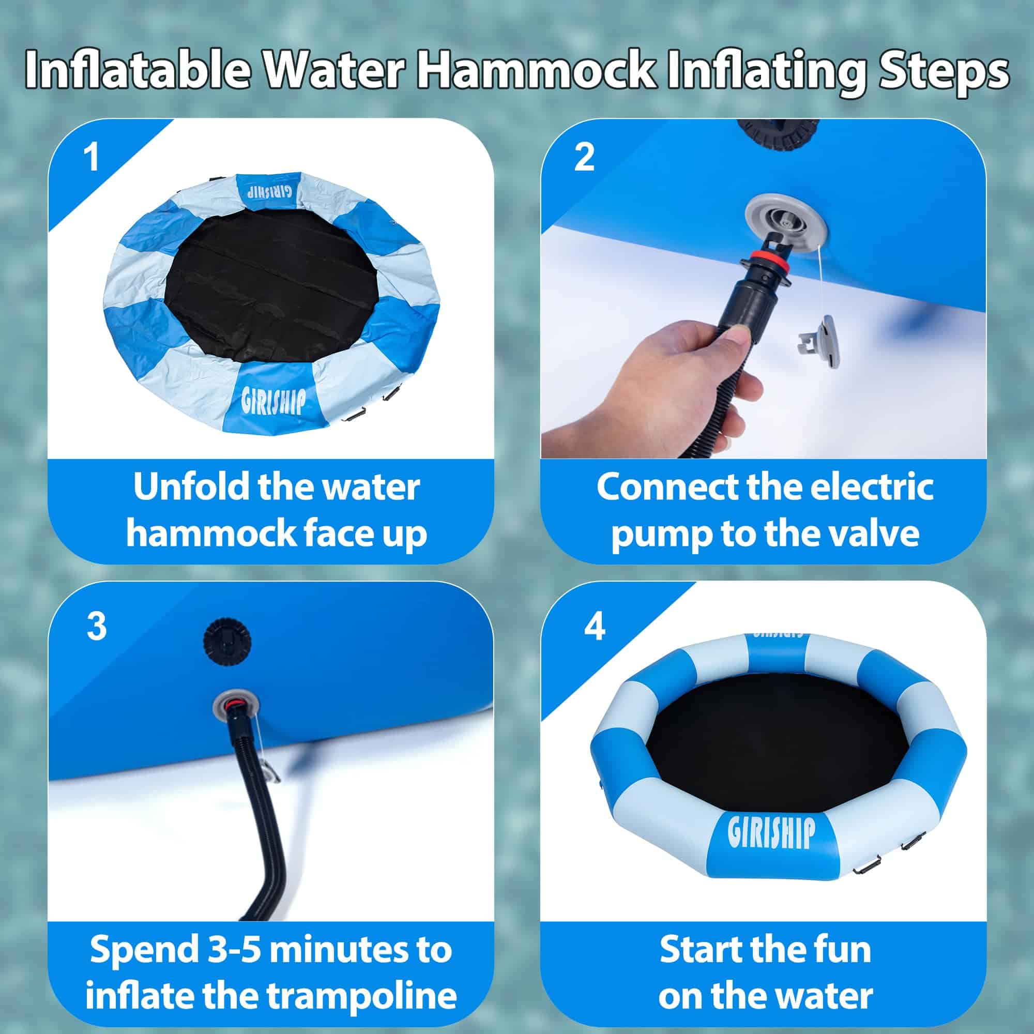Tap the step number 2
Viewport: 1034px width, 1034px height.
point(584,158)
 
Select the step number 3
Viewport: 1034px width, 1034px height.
point(96,626)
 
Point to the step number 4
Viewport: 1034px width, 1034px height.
point(595,626)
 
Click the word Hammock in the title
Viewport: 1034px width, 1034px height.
point(537,71)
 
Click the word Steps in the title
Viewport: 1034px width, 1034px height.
point(944,71)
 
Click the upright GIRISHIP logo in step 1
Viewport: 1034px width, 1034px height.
point(274,401)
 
